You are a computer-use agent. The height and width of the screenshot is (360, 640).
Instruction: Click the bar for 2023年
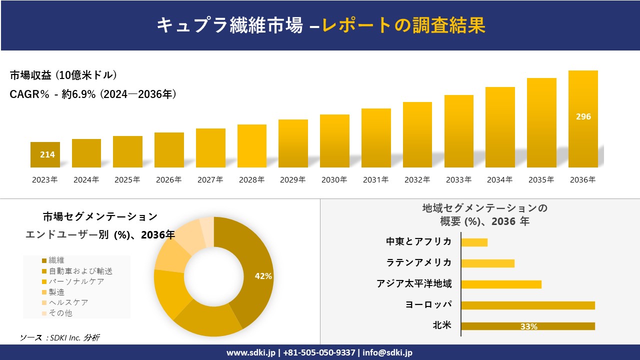[x=45, y=155]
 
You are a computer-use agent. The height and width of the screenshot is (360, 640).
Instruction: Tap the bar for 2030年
[x=334, y=141]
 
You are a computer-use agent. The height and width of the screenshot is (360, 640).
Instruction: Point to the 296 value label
[x=583, y=116]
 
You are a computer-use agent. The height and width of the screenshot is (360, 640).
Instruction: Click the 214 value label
[x=47, y=154]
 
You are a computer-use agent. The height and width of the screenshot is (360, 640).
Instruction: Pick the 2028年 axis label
[x=251, y=179]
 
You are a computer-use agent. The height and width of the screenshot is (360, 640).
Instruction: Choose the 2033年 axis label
[x=458, y=179]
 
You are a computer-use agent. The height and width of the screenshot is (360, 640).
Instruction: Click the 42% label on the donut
[x=263, y=276]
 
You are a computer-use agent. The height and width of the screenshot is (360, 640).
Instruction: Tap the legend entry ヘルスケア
[x=68, y=302]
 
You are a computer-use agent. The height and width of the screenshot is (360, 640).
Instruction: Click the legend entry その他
[x=60, y=313]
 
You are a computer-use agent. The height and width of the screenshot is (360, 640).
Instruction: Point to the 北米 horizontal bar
[x=527, y=326]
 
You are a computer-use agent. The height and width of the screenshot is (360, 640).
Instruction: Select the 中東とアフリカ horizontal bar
[x=474, y=242]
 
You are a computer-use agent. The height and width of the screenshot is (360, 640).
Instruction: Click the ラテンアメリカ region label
[x=418, y=262]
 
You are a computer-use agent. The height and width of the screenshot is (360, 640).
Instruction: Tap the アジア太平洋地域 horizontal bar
[x=501, y=284]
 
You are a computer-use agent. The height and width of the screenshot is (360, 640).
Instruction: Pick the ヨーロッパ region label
[x=428, y=304]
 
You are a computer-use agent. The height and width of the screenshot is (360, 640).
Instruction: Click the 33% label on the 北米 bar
[x=528, y=326]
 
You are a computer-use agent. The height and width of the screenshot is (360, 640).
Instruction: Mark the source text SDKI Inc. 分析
[x=60, y=337]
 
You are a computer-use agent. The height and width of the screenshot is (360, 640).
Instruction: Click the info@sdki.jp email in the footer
[x=387, y=352]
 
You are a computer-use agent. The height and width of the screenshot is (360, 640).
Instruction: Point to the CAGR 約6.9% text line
[x=93, y=94]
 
